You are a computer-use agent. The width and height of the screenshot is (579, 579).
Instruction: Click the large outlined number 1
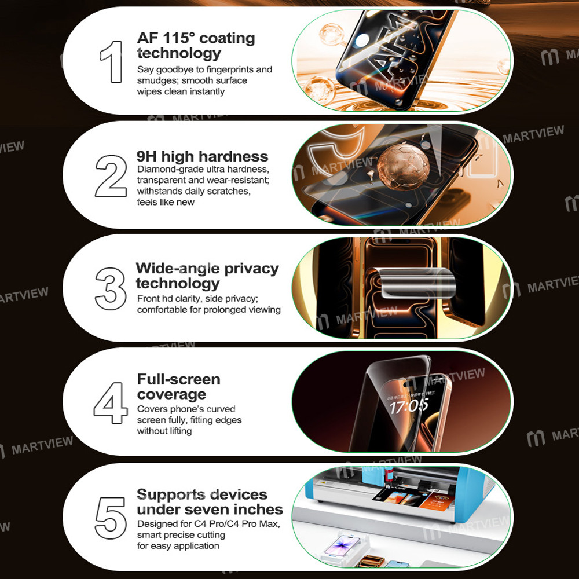[x=112, y=61]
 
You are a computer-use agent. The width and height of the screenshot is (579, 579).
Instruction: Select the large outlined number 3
[x=111, y=288]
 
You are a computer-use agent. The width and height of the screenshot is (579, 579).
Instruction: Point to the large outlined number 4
[x=111, y=402]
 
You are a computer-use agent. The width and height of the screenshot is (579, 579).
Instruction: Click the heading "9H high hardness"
[x=203, y=156]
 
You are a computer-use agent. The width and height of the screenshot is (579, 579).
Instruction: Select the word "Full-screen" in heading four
[x=178, y=379]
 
